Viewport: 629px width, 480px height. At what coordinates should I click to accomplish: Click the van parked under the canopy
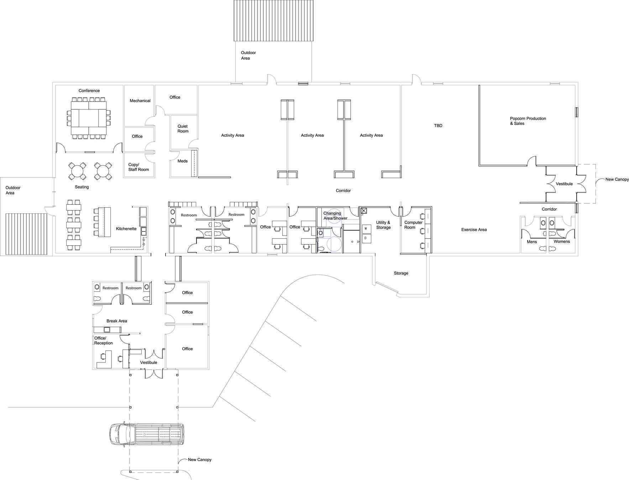tap(147, 434)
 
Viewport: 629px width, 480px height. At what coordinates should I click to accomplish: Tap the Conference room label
tap(89, 91)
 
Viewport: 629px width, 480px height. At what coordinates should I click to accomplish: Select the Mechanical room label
tap(140, 101)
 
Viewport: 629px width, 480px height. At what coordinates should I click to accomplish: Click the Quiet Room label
tap(183, 129)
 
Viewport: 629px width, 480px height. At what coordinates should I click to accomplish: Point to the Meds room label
tap(182, 161)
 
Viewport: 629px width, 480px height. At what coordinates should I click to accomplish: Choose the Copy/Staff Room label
tap(138, 167)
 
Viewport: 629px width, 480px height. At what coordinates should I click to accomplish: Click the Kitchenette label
tap(126, 229)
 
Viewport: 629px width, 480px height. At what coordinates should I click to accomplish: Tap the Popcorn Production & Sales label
tap(528, 121)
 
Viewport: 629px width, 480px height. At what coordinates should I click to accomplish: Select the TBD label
tap(438, 126)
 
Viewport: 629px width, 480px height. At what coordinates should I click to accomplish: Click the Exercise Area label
tap(474, 230)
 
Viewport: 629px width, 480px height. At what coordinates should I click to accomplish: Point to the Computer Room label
tap(413, 225)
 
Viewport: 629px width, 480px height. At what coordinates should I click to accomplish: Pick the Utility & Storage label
tap(383, 225)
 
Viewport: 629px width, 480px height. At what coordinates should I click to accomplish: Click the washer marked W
tap(366, 229)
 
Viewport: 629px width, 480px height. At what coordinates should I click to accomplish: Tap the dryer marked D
tap(366, 238)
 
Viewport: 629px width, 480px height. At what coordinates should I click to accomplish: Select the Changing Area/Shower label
tap(335, 216)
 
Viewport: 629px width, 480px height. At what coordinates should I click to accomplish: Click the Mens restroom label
tap(531, 242)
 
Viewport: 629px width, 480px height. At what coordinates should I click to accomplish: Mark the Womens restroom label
tap(561, 241)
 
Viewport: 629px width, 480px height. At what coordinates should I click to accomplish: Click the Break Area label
tap(117, 321)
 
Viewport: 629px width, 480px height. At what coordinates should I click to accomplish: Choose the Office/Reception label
tap(103, 340)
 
